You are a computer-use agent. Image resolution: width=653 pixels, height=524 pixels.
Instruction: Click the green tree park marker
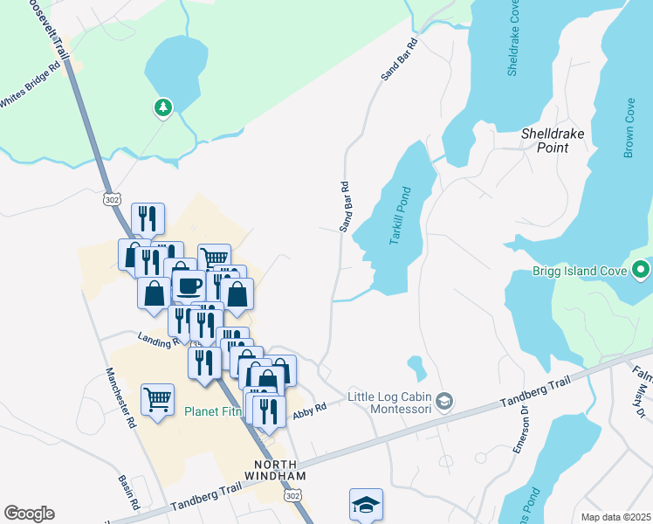click(x=162, y=107)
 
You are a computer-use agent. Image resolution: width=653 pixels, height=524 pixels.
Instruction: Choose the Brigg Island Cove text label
click(x=580, y=271)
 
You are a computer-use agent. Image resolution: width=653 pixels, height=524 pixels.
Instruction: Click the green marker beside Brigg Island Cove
click(x=642, y=271)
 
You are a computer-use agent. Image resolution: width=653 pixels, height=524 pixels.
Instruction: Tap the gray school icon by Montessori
click(x=444, y=401)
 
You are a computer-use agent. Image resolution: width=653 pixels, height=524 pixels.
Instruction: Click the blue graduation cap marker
click(x=366, y=505)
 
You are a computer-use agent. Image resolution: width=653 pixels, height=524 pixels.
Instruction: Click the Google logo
click(x=29, y=513)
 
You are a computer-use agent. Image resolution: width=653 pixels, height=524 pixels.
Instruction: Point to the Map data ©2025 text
click(x=615, y=517)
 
